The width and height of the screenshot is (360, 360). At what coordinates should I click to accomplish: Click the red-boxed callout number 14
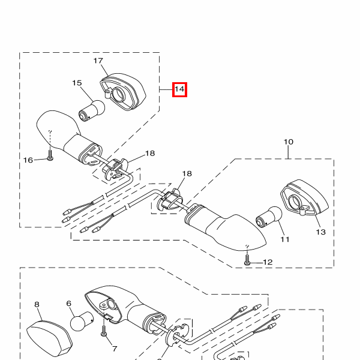point(179,89)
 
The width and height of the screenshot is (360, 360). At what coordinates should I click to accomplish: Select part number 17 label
point(98,61)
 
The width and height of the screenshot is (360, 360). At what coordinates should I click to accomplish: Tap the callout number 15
point(77,83)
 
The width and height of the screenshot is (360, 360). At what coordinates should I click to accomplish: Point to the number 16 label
point(28,160)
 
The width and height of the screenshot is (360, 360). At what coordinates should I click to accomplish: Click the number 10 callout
point(289,142)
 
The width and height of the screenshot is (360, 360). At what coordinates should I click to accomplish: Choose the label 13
point(321,232)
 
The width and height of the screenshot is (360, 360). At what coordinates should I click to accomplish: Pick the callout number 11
point(285,239)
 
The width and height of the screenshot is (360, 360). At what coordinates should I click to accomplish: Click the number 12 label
point(268,262)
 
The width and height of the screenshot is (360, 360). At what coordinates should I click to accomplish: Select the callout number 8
point(37,304)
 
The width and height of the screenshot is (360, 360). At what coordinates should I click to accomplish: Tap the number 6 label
point(69,304)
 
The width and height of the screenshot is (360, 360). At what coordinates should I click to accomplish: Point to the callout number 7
point(115,349)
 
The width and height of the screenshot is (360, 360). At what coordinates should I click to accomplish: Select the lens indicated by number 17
point(123,92)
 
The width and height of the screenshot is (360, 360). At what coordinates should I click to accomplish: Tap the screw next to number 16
point(50,155)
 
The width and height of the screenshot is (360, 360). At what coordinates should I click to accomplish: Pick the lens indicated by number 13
point(304,197)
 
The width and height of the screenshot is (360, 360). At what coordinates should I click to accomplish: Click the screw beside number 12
point(247,260)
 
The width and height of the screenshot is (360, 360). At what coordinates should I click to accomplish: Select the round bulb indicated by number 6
point(82,321)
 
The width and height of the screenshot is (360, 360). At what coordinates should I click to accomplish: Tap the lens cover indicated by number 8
point(50,338)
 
